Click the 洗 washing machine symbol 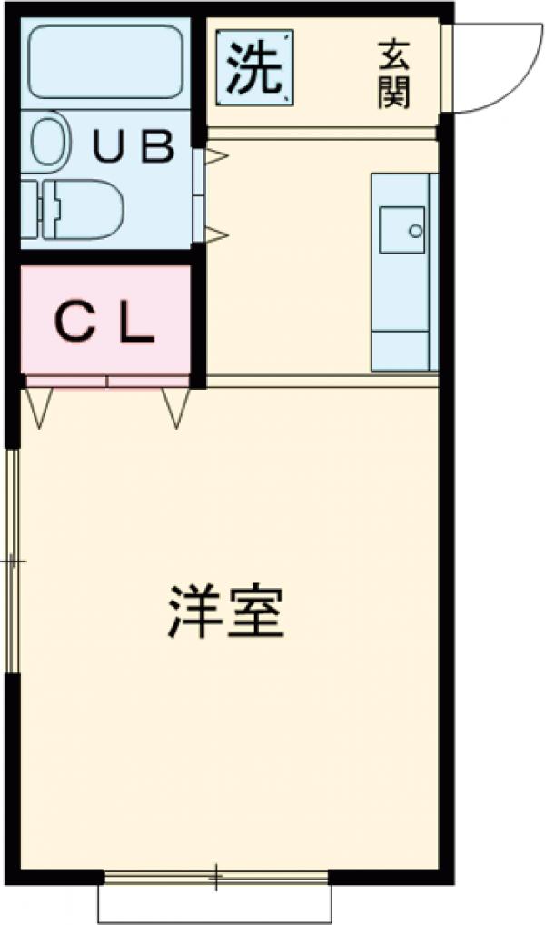[x=255, y=68]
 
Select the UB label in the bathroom [x=135, y=146]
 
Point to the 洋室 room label [x=226, y=614]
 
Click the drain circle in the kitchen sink [x=415, y=230]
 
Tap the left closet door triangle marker [x=38, y=406]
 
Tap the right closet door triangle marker [x=176, y=406]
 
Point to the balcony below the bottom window [x=215, y=903]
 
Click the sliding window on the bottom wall [x=215, y=878]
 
